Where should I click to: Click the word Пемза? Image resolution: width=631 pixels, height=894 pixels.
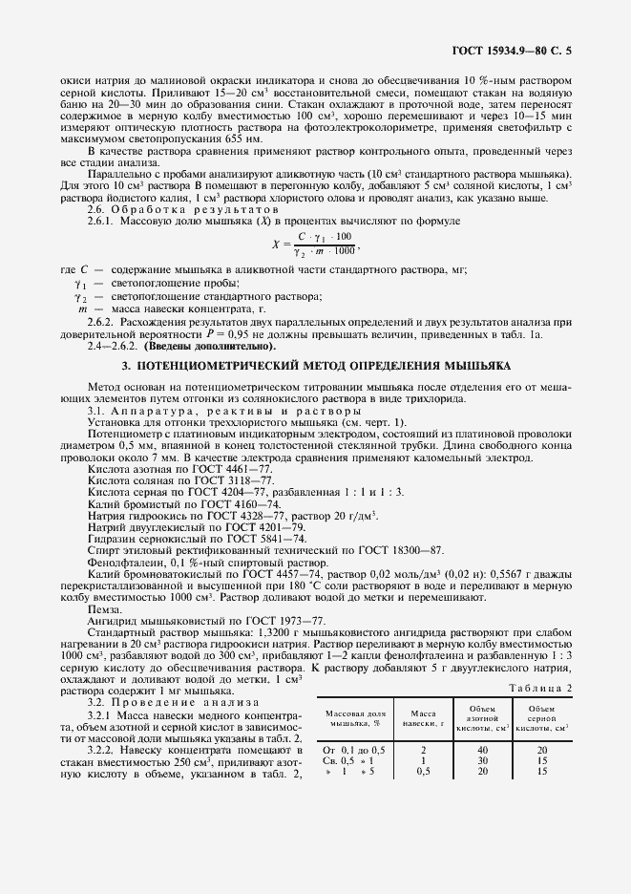click(104, 607)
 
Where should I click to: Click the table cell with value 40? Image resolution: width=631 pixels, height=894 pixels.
click(482, 750)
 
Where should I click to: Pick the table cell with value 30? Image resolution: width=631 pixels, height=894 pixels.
click(482, 760)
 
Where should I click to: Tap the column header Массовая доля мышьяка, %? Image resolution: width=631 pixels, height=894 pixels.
click(352, 717)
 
